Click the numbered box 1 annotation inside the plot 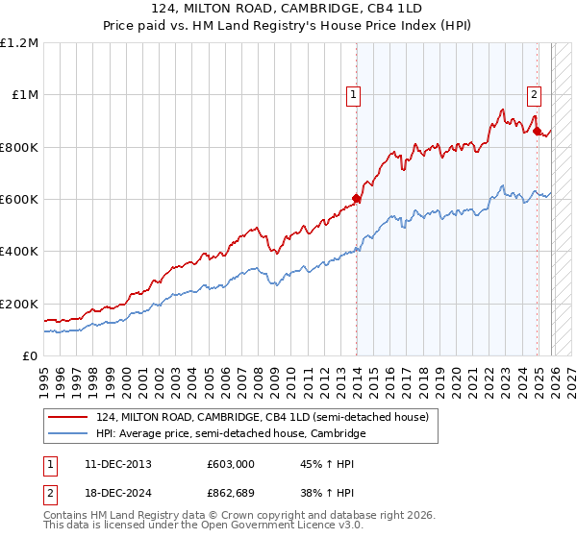[355, 94]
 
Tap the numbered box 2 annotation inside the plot [534, 94]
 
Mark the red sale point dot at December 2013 [356, 199]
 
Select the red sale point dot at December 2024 [538, 131]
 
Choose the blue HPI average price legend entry [231, 434]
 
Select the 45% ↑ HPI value [328, 464]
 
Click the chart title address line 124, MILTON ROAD [288, 8]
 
